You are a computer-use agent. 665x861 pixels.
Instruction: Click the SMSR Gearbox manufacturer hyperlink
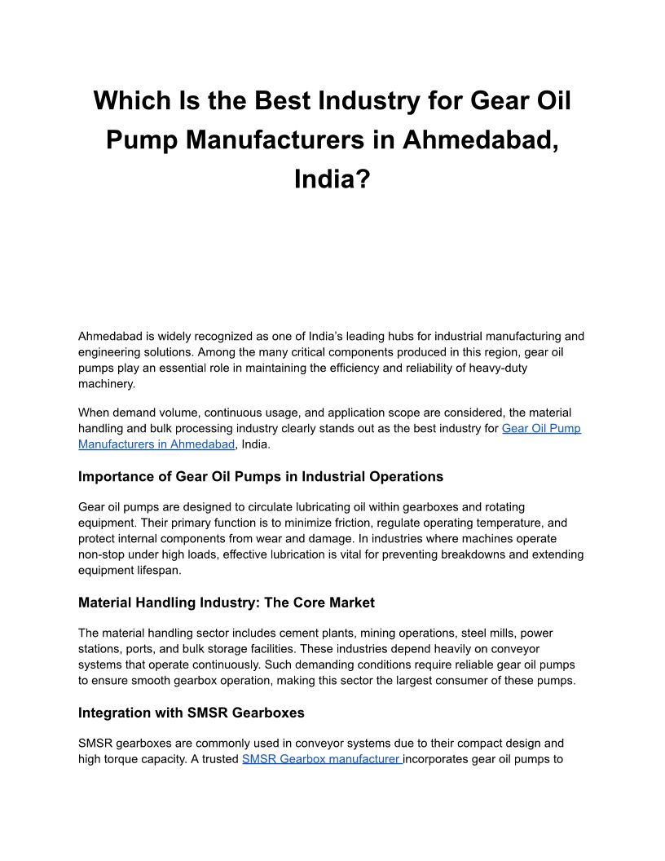322,759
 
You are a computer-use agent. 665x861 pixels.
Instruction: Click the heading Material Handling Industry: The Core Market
227,603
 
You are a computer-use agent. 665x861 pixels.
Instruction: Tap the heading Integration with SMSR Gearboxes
192,713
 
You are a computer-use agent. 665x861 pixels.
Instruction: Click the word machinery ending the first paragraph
107,383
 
